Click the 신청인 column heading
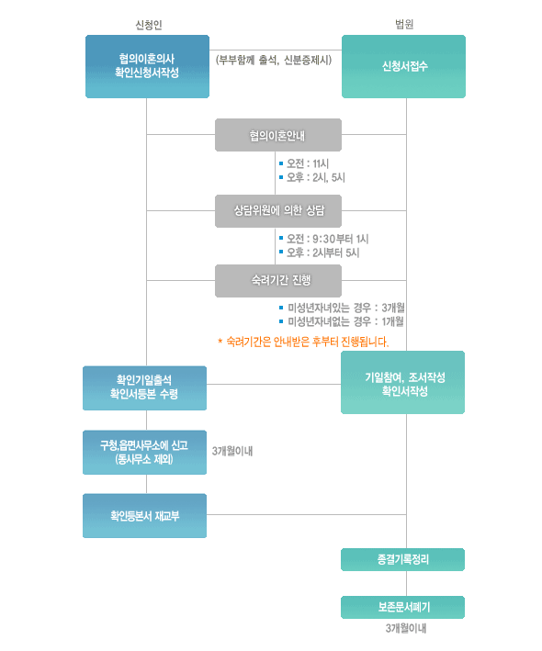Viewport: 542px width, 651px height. click(149, 25)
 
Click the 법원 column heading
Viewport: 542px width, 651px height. click(404, 24)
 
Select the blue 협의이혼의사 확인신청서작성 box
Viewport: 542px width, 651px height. click(147, 66)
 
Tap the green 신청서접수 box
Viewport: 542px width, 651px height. click(403, 66)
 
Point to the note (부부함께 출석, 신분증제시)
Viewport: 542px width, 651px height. click(274, 61)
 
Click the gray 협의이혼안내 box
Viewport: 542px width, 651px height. click(278, 135)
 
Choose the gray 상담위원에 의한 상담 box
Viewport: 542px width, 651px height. click(278, 211)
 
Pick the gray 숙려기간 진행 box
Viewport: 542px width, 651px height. click(278, 281)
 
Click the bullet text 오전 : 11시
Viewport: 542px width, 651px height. click(308, 163)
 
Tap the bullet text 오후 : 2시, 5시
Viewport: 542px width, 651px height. click(316, 178)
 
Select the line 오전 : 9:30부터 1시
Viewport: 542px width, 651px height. click(328, 239)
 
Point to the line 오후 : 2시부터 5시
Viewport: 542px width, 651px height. click(322, 253)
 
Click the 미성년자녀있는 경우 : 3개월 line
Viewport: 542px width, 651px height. click(346, 308)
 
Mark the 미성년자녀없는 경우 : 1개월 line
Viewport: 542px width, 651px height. click(345, 321)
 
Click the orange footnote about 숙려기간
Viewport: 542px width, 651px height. click(303, 342)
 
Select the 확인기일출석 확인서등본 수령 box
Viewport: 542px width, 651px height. click(144, 387)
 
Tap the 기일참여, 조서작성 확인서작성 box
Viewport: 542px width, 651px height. click(403, 382)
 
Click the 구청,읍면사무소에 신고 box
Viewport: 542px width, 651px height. click(144, 452)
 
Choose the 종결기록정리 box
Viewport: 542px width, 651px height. click(403, 559)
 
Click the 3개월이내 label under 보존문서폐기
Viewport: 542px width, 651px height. click(406, 628)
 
